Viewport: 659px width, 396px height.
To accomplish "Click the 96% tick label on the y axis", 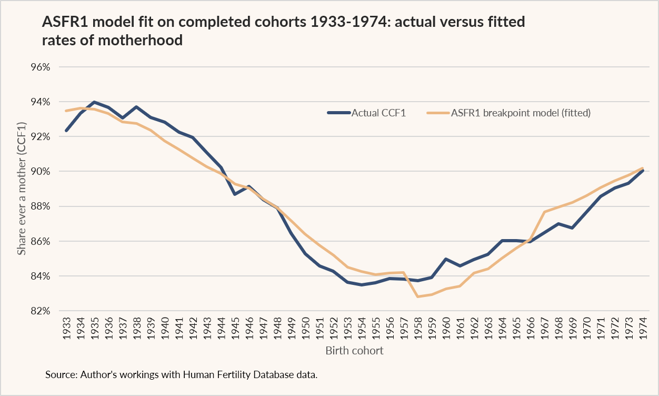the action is (41, 67).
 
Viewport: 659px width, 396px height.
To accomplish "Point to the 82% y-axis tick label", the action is (41, 311).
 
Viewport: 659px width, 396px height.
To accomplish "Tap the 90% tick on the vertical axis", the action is (41, 171).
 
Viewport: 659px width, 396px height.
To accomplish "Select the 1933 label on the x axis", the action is (67, 328).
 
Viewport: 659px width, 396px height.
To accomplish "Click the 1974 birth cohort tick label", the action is (643, 328).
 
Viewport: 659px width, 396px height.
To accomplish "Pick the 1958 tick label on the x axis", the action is (418, 328).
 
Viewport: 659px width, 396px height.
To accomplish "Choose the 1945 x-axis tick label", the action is (235, 328).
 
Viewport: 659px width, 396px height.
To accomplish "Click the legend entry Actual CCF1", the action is (366, 113).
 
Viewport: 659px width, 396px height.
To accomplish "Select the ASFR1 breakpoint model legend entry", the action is (508, 113).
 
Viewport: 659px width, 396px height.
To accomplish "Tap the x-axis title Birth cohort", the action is (355, 351).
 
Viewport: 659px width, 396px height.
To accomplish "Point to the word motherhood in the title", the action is (141, 40).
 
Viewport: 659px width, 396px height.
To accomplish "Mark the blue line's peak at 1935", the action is (94, 102).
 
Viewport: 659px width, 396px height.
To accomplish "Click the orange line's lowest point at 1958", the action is (418, 296).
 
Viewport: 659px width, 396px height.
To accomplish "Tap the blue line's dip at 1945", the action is (235, 194).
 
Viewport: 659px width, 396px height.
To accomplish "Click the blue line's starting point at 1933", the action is (66, 131).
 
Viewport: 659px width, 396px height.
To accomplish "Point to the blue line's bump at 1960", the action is (446, 259).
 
